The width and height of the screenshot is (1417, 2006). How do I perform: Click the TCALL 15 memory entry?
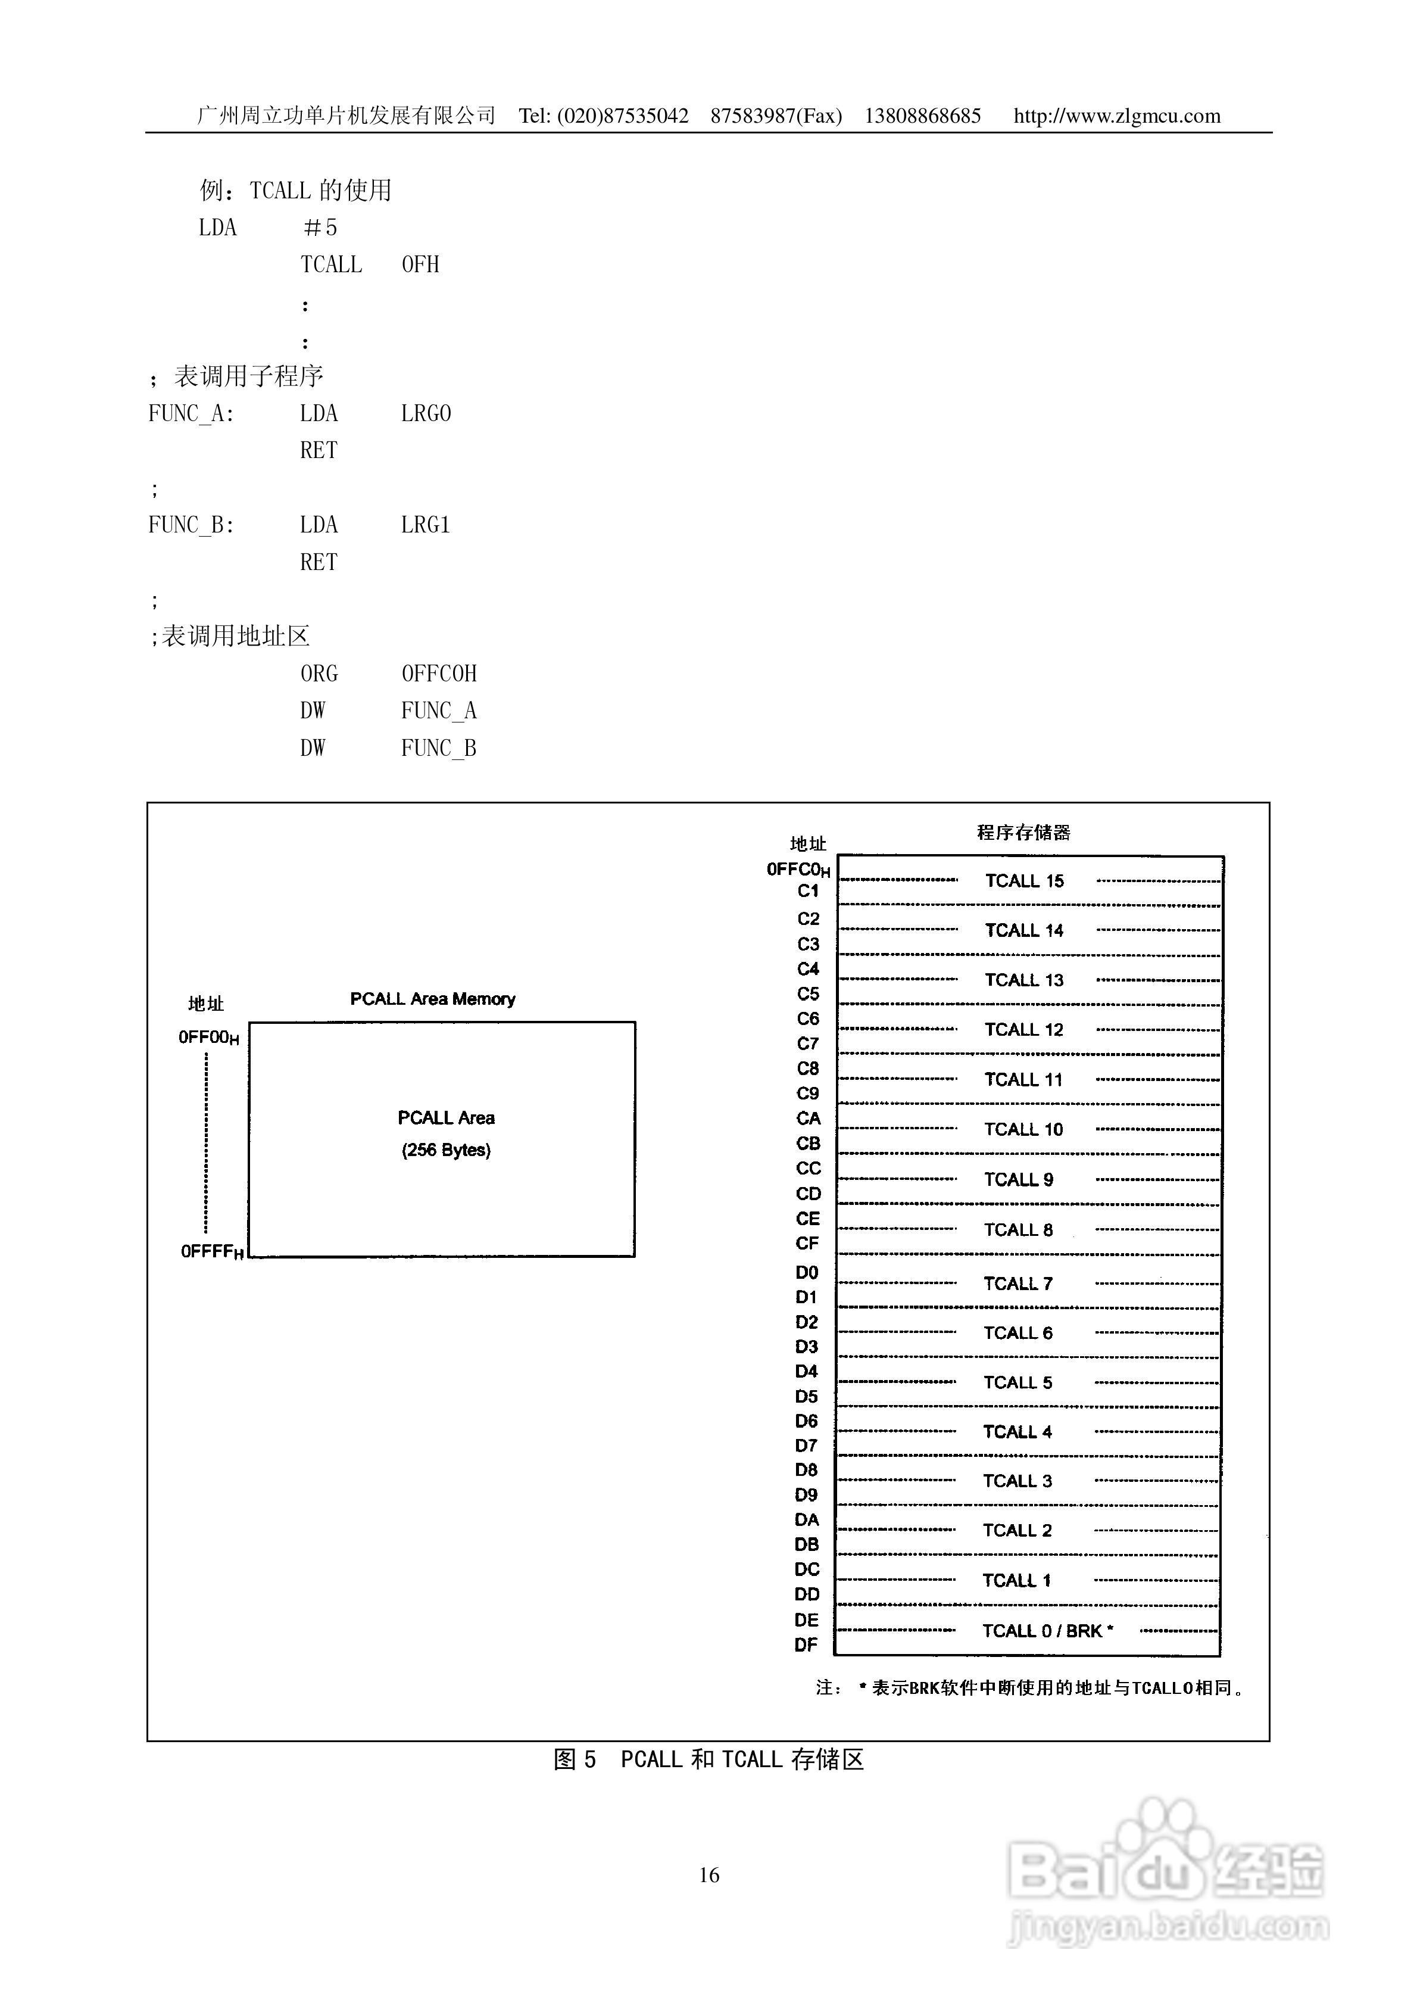coord(1024,881)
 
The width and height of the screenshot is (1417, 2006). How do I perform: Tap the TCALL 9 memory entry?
coord(1019,1179)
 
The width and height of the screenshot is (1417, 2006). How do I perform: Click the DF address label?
coord(806,1644)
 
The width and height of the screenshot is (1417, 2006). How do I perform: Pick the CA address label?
coord(808,1119)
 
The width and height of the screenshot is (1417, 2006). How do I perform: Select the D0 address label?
coord(806,1272)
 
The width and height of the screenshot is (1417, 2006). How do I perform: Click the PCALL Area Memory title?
coord(432,999)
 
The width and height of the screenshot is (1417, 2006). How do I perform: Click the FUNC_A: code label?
coord(191,413)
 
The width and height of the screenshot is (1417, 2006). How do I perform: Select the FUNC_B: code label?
coord(191,525)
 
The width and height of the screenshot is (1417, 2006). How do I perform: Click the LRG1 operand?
coord(426,525)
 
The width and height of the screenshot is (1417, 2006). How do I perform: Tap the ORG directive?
coord(319,674)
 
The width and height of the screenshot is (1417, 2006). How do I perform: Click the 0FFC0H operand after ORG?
coord(439,674)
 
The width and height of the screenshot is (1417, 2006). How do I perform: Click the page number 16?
coord(708,1875)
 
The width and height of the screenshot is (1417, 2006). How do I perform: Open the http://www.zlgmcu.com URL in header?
coord(1116,116)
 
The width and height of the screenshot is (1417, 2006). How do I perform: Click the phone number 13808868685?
coord(922,116)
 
